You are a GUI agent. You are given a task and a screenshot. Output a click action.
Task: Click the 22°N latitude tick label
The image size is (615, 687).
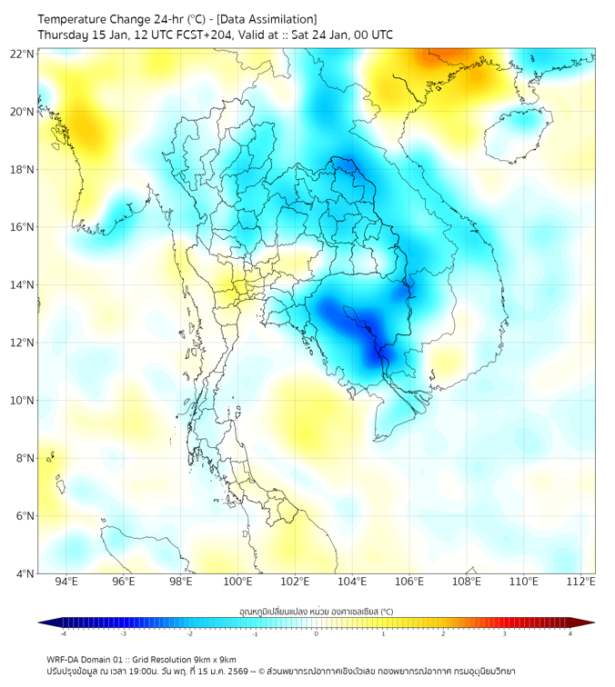[x=23, y=54]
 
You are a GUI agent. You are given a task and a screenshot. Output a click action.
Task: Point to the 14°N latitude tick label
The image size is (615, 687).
[x=23, y=285]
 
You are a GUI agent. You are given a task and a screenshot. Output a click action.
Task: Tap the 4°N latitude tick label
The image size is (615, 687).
[x=25, y=573]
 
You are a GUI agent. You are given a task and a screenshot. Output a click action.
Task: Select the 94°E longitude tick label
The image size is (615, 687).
[x=66, y=582]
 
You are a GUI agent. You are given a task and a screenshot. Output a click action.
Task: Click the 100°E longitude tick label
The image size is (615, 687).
[x=238, y=582]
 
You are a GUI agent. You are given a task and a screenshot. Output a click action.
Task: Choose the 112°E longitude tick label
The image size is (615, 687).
[x=581, y=582]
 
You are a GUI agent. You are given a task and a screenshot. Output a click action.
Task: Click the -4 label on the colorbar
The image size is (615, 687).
[x=62, y=632]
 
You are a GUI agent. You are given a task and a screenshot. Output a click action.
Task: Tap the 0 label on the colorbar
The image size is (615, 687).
[x=317, y=632]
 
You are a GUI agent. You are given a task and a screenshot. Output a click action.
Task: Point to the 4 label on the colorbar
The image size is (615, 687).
[x=570, y=632]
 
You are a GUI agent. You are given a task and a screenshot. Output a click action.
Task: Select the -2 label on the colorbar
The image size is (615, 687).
[x=188, y=632]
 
